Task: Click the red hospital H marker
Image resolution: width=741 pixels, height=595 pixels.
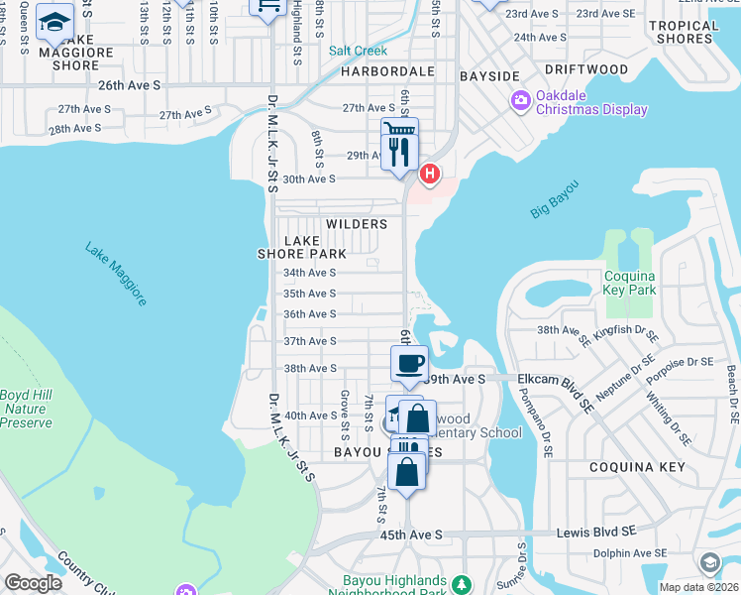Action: (x=429, y=175)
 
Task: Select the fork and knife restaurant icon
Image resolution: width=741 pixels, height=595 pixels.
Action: (x=400, y=152)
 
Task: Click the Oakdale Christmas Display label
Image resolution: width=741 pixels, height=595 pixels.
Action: (x=591, y=103)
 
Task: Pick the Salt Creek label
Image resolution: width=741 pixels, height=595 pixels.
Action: (x=358, y=51)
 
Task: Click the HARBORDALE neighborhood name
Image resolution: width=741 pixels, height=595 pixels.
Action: (x=388, y=72)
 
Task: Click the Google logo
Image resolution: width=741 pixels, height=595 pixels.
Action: (x=34, y=583)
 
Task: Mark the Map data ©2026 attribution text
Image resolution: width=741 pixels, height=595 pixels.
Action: (x=699, y=587)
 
